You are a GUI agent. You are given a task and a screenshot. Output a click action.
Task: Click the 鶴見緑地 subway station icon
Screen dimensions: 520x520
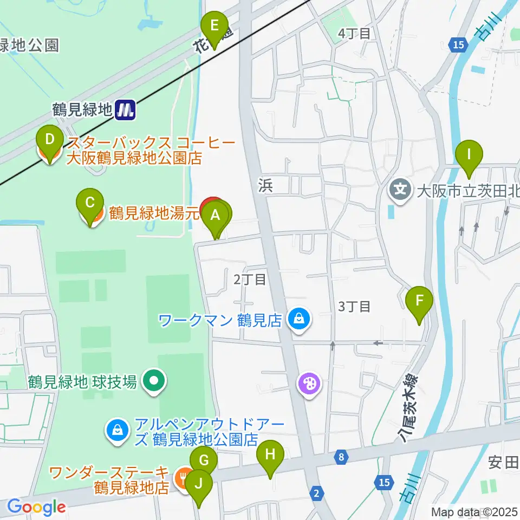(126, 110)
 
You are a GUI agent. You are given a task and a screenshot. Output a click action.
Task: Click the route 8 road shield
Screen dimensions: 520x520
(340, 457)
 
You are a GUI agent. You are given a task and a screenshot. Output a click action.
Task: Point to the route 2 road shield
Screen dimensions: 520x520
(317, 492)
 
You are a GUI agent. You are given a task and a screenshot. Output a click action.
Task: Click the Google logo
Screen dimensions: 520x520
(36, 508)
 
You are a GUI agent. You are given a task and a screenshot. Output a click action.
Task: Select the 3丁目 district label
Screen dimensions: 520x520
(354, 307)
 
